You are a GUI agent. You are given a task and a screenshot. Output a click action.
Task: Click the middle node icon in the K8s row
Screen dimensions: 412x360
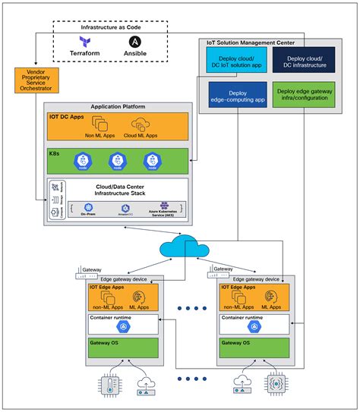[x=116, y=161]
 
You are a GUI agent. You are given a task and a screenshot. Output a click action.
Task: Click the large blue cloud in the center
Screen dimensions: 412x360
[x=180, y=248]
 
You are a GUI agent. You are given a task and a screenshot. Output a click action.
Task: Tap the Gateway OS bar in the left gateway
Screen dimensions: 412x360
[x=124, y=349]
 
